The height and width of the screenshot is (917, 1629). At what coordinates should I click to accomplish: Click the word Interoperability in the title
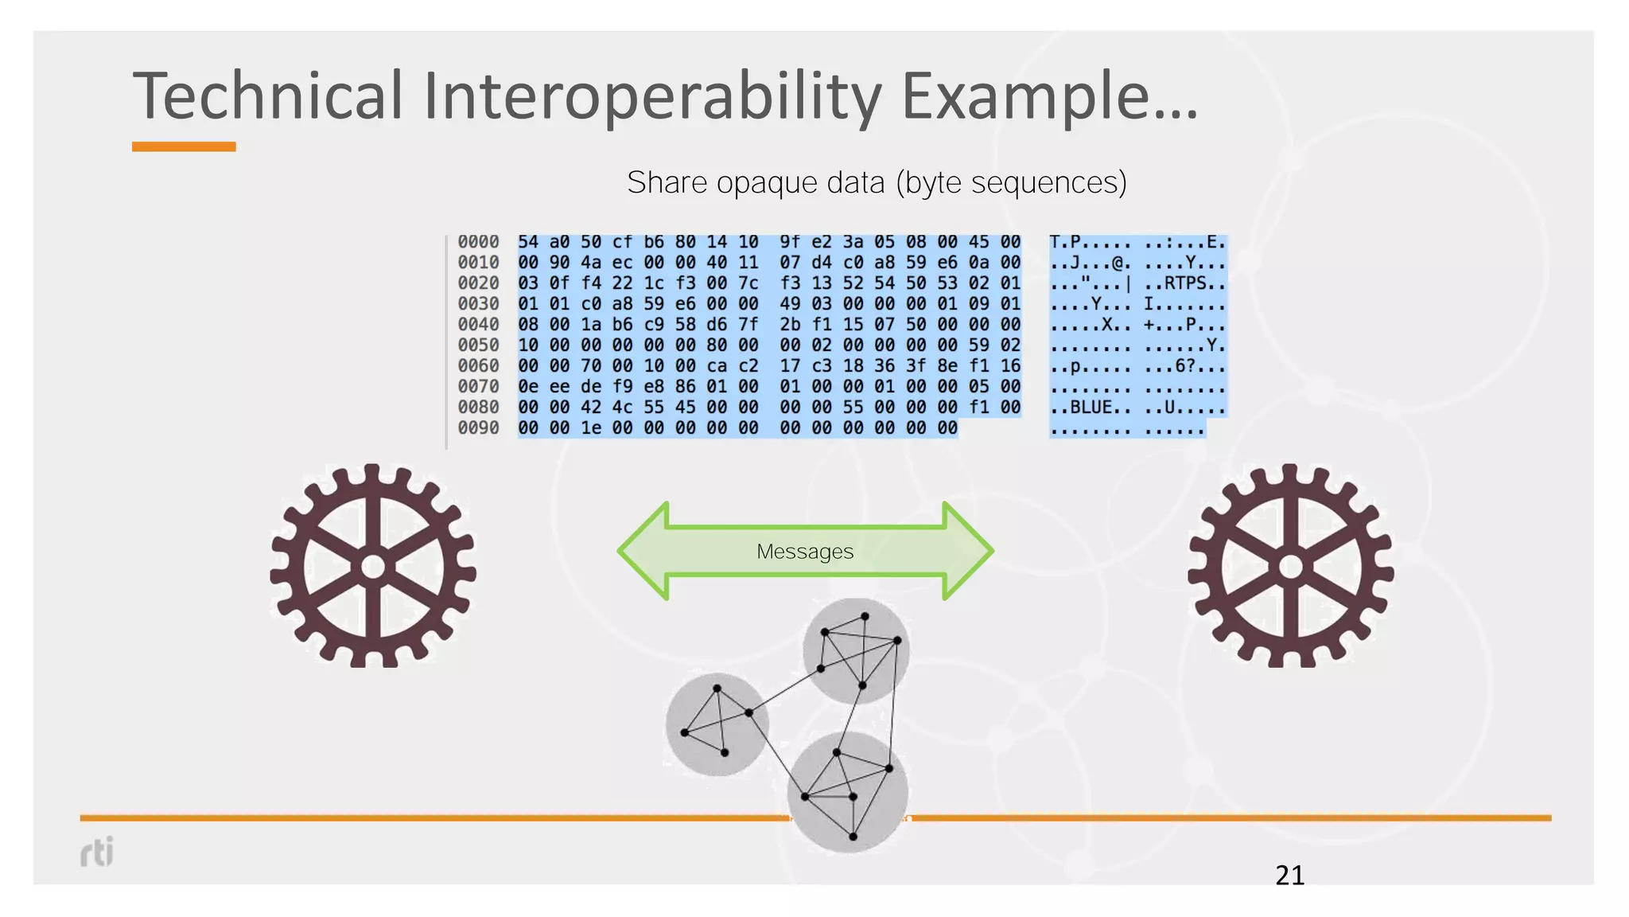click(652, 96)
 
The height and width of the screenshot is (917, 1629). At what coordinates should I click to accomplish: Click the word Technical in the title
click(268, 96)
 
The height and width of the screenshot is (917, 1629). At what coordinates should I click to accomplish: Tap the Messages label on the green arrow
click(805, 551)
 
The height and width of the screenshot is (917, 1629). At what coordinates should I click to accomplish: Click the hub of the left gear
click(373, 568)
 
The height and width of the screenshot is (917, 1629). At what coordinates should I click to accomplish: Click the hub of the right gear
click(1290, 568)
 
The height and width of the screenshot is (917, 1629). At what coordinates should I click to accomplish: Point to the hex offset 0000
click(478, 242)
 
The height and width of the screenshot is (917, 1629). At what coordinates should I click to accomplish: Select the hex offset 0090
click(478, 428)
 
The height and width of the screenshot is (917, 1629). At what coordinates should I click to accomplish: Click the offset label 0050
click(478, 345)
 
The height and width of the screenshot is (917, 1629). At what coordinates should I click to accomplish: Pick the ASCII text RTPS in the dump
click(1185, 283)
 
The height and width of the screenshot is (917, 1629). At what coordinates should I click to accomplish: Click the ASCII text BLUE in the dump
click(1091, 408)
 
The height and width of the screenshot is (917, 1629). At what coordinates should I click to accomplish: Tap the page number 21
click(1289, 876)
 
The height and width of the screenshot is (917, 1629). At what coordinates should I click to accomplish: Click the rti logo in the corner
click(97, 852)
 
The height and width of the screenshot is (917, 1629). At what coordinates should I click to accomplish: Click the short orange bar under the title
click(184, 146)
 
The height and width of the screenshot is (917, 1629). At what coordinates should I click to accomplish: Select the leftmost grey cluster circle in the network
click(717, 724)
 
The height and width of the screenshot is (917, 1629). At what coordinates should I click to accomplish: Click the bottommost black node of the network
click(853, 837)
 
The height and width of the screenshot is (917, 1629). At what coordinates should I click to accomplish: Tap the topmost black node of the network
click(865, 616)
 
